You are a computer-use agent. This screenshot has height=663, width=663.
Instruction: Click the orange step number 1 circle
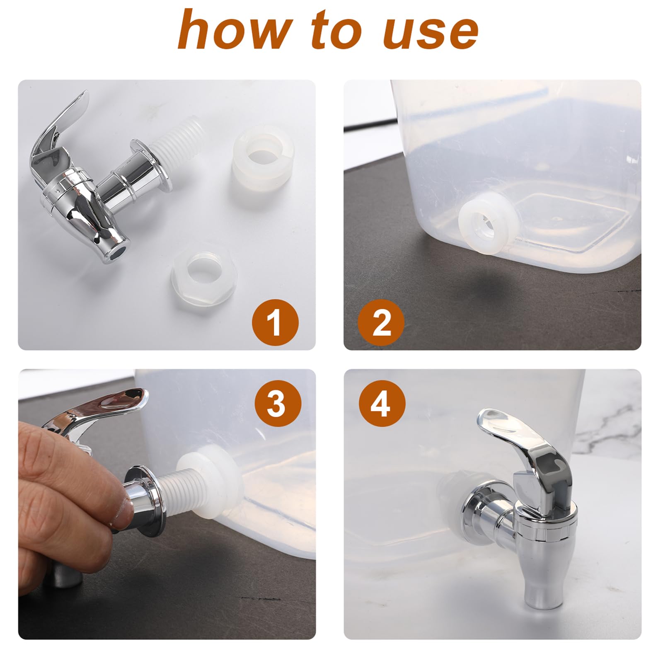point(276,322)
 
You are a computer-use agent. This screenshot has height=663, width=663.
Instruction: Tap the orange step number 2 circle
point(381,322)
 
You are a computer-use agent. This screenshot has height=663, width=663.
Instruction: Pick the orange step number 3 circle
point(278,403)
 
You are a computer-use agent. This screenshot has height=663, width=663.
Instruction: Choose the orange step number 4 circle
point(382,403)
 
